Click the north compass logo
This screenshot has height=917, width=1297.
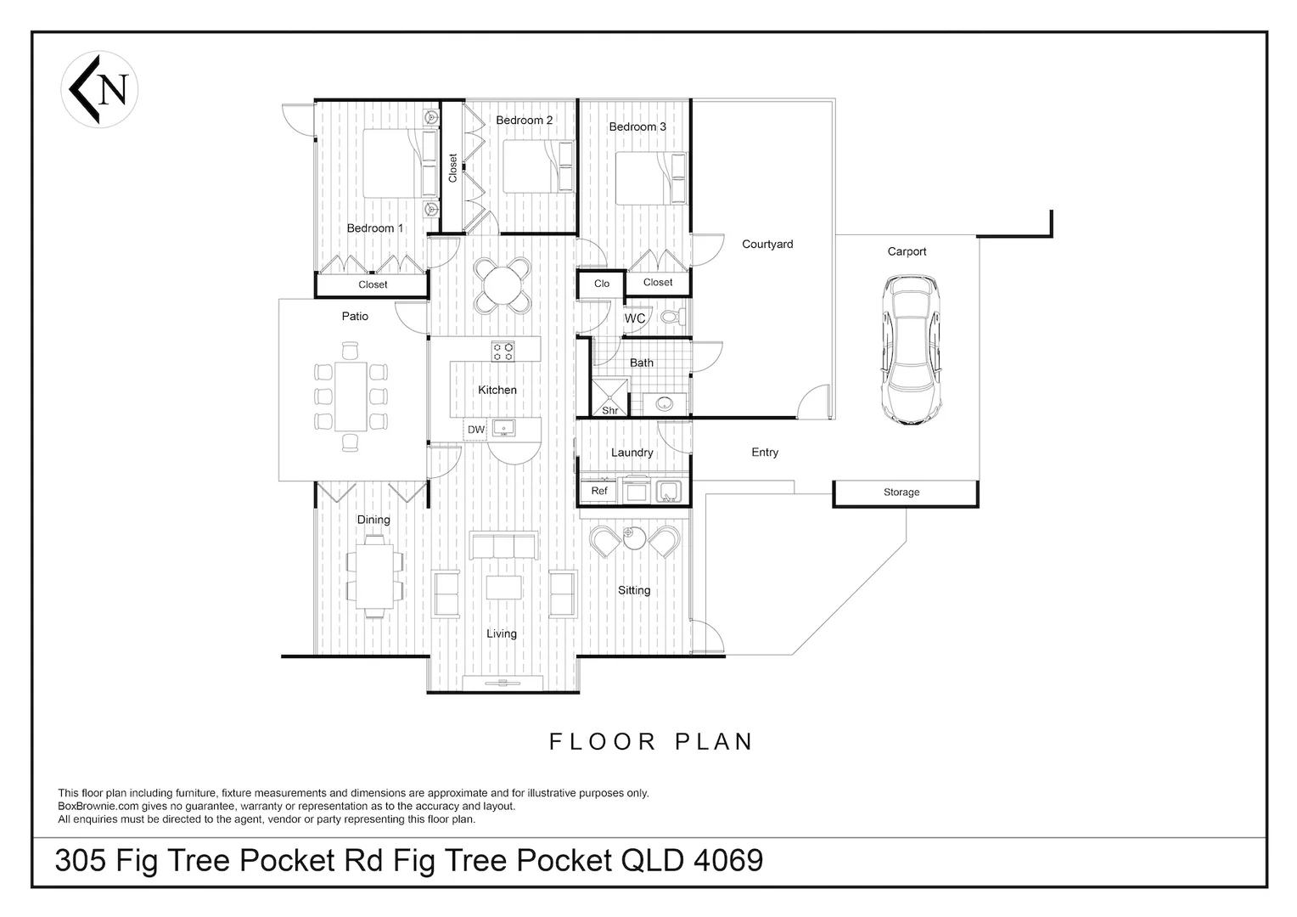click(x=99, y=89)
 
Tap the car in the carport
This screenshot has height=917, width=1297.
click(x=911, y=350)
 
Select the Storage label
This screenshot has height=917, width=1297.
click(x=901, y=492)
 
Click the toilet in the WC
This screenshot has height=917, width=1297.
click(x=674, y=317)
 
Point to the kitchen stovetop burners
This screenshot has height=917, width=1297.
click(x=503, y=352)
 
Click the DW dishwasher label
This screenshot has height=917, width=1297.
click(x=476, y=430)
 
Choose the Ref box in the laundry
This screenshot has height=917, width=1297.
click(x=599, y=491)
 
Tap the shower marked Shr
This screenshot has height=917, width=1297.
click(x=609, y=397)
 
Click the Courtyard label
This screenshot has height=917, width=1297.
click(x=768, y=245)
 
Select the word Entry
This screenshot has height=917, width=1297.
click(x=765, y=453)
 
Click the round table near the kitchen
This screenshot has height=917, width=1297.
click(x=503, y=285)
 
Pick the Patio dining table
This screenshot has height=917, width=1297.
click(x=351, y=397)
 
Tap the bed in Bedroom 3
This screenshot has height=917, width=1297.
click(x=650, y=177)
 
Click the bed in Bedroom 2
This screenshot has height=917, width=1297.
click(x=538, y=166)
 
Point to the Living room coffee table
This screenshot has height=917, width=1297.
click(x=503, y=587)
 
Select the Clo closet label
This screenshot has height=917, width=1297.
click(x=602, y=284)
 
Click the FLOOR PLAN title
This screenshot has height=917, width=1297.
click(x=651, y=741)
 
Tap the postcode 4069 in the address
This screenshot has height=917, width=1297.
click(x=728, y=860)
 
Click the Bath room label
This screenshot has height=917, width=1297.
click(x=642, y=363)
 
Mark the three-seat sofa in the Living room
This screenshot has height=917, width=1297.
click(x=503, y=546)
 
